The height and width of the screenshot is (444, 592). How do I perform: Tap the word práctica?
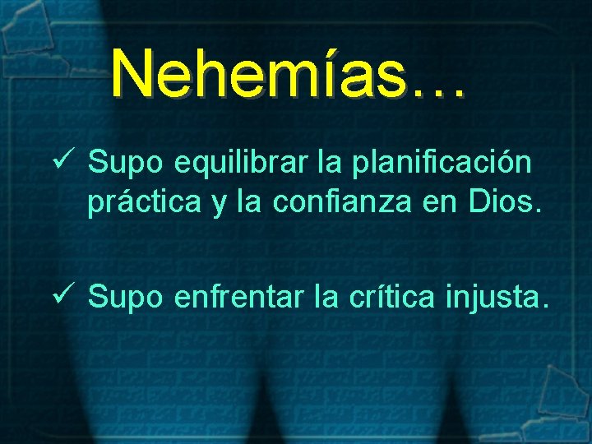(x=145, y=203)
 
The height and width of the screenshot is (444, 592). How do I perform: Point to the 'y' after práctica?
(x=217, y=206)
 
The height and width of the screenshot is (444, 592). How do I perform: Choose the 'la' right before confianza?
(x=246, y=202)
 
